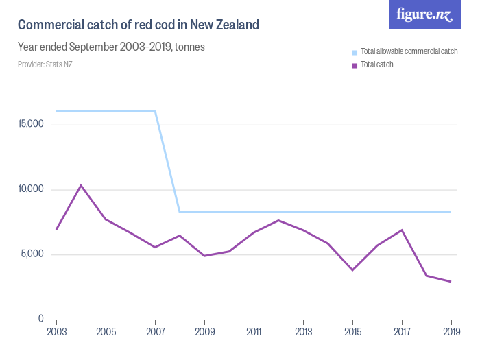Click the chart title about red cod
coord(138,25)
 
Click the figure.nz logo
coord(424,14)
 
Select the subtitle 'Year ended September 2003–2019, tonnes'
coord(111,47)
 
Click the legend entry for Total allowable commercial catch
coord(408,52)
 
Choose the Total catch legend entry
coord(376,65)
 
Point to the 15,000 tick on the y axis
coord(32,125)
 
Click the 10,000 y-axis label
coord(32,190)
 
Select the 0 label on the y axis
coord(41,320)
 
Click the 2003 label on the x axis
coord(56,331)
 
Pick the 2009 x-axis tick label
coord(204,331)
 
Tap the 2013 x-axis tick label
coord(303,331)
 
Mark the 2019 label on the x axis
coord(451,331)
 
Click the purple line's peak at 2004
coord(81,185)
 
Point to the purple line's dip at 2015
coord(352,270)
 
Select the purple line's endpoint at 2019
coord(451,282)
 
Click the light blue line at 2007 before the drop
coord(155,110)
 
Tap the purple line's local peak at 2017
coord(402,230)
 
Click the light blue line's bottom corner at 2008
coord(180,212)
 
